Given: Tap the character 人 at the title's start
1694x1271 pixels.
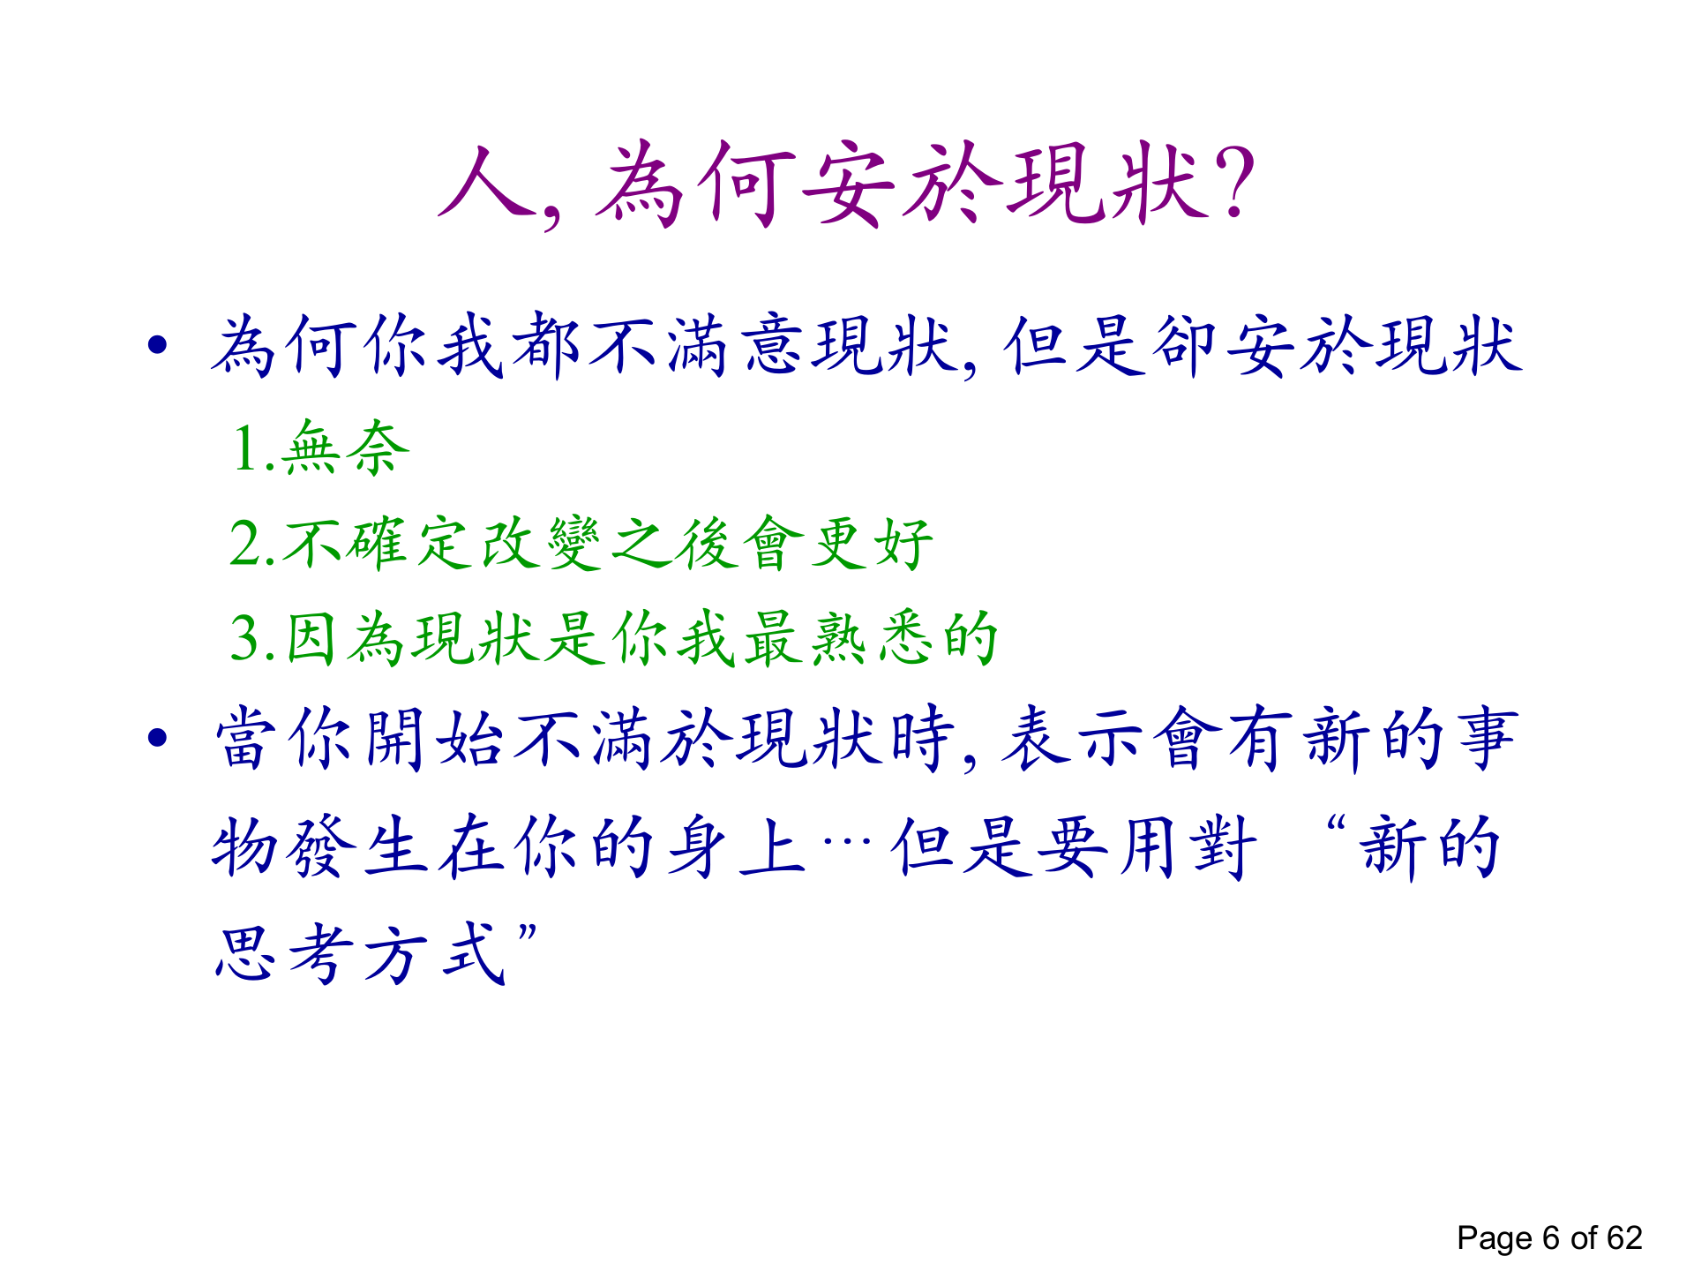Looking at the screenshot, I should tap(487, 182).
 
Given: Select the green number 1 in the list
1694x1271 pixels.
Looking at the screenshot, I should tap(245, 447).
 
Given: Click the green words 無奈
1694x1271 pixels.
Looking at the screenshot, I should tap(346, 447).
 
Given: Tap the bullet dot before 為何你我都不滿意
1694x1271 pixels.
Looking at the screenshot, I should tap(158, 344).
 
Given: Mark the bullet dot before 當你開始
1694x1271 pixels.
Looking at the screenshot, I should tap(158, 737).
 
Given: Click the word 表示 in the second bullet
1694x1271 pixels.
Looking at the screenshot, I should tap(1072, 737).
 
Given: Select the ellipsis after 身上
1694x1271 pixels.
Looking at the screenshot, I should tap(847, 839).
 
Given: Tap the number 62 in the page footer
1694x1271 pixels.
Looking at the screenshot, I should tap(1623, 1237).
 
